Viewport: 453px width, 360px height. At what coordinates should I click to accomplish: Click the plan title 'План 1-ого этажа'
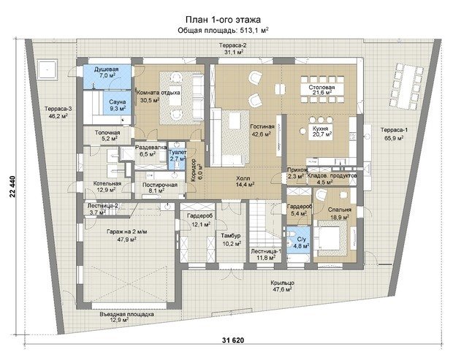[x=223, y=20]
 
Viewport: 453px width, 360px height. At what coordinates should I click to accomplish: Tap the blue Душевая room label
[x=107, y=69]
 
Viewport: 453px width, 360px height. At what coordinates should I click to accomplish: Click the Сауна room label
[x=118, y=102]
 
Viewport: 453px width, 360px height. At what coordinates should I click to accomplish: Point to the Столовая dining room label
[x=321, y=87]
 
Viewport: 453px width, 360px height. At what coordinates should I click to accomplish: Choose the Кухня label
[x=321, y=129]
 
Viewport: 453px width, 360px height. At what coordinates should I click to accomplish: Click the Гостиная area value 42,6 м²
[x=262, y=134]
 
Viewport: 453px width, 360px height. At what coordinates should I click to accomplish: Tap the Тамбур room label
[x=231, y=236]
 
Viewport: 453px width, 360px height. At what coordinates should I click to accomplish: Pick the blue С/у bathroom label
[x=301, y=240]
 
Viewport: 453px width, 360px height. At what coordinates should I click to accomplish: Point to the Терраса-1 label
[x=394, y=130]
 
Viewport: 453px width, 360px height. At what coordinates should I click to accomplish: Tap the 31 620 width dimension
[x=233, y=340]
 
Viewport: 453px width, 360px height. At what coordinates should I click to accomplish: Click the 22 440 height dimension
[x=12, y=186]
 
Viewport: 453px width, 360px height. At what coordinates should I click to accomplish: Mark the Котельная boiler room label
[x=107, y=183]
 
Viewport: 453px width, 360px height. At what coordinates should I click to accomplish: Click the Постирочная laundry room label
[x=160, y=185]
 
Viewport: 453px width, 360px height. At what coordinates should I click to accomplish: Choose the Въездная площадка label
[x=127, y=314]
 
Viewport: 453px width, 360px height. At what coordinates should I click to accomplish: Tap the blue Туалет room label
[x=177, y=152]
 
